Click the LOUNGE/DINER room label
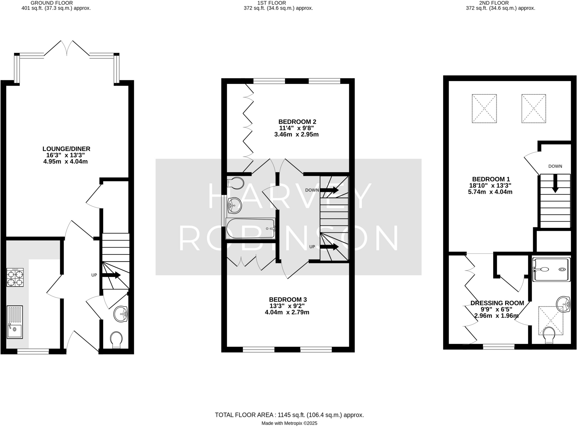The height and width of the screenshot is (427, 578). tap(66, 149)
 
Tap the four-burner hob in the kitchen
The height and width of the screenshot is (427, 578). tap(15, 278)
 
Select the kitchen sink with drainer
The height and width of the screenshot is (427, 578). tap(15, 322)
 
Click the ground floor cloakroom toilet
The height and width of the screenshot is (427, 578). tap(116, 340)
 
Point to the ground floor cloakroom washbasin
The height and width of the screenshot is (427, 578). tap(121, 314)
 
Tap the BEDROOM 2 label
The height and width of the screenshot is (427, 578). tap(297, 122)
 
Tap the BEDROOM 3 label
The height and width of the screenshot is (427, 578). tap(288, 299)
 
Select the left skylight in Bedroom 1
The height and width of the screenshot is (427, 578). tap(484, 108)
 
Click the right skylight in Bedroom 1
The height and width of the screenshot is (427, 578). tap(533, 108)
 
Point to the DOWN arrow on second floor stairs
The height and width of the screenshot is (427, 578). tap(555, 184)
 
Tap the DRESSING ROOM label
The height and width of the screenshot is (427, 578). tap(497, 303)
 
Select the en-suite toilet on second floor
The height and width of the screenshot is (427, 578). tap(549, 335)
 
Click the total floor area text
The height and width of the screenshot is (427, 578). tap(289, 415)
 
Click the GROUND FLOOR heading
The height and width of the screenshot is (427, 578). tap(52, 3)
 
